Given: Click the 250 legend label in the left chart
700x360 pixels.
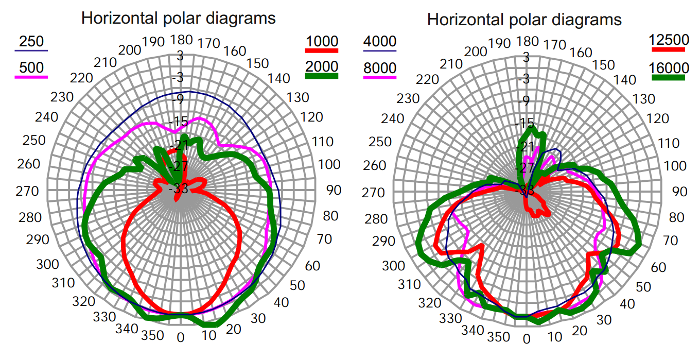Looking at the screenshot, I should click(x=31, y=41).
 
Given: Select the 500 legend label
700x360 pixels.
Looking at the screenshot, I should click(x=31, y=67).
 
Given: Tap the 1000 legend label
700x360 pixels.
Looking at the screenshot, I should click(x=322, y=41).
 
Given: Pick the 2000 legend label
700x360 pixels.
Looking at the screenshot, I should click(x=322, y=66).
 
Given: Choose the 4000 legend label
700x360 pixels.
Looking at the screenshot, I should click(x=380, y=41).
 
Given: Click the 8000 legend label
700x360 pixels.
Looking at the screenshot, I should click(x=380, y=67).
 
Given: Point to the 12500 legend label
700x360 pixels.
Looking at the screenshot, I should click(x=669, y=40).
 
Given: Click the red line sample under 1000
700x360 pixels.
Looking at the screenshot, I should click(x=322, y=50).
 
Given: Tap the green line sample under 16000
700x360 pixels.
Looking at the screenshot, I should click(x=669, y=77).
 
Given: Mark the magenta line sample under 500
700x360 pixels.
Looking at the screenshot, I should click(x=31, y=77).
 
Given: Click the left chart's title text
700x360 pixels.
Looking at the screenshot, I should click(x=179, y=19).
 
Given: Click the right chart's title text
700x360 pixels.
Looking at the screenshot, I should click(x=524, y=20).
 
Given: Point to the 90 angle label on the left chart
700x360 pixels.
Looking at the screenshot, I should click(x=334, y=190).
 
